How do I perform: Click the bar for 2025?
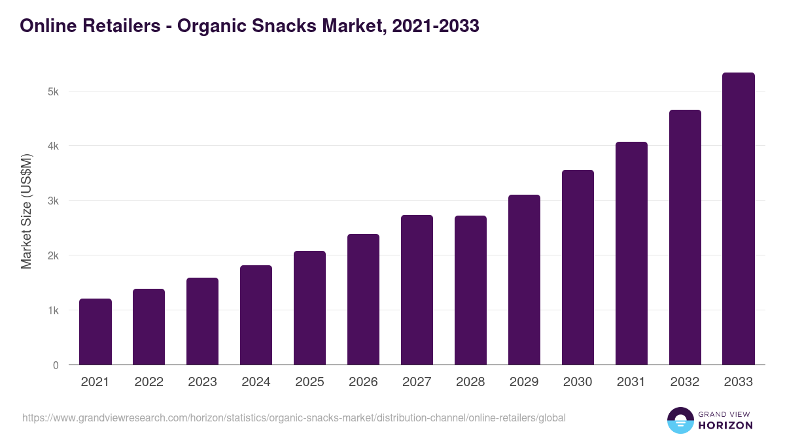(309, 308)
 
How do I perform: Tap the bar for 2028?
(470, 290)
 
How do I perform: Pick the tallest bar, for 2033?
(739, 219)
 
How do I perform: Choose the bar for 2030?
(578, 267)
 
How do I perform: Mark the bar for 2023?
(202, 321)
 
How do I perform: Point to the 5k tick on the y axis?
(53, 91)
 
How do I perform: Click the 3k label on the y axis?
(53, 201)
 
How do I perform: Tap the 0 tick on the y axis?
(56, 365)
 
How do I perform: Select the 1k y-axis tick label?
(53, 310)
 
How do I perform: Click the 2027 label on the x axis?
(417, 382)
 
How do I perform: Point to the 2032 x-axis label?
(685, 382)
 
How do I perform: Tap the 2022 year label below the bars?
(148, 382)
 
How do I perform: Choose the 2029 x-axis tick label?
(524, 382)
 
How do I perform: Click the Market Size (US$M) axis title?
(26, 212)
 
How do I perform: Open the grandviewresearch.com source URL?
(294, 417)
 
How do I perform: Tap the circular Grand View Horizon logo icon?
(680, 420)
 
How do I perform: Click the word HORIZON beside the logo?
(725, 425)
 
